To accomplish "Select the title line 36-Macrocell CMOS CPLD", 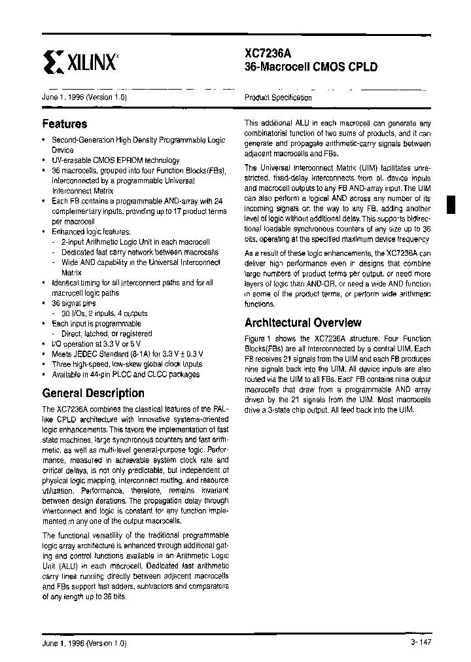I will coord(311,67).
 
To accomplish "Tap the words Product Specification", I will coord(278,97).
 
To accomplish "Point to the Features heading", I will coord(65,124).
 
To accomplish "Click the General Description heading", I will coord(93,393).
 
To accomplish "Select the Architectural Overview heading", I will coord(302,322).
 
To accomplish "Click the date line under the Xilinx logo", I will coord(84,97).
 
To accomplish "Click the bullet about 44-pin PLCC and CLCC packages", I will coord(126,374).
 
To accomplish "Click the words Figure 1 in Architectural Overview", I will coord(258,339).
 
